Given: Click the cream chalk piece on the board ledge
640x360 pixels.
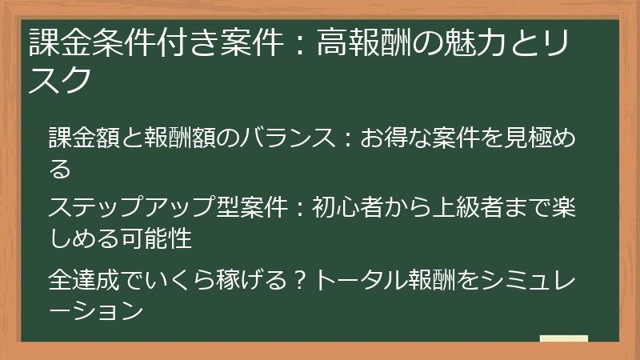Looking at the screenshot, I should [x=563, y=338].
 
